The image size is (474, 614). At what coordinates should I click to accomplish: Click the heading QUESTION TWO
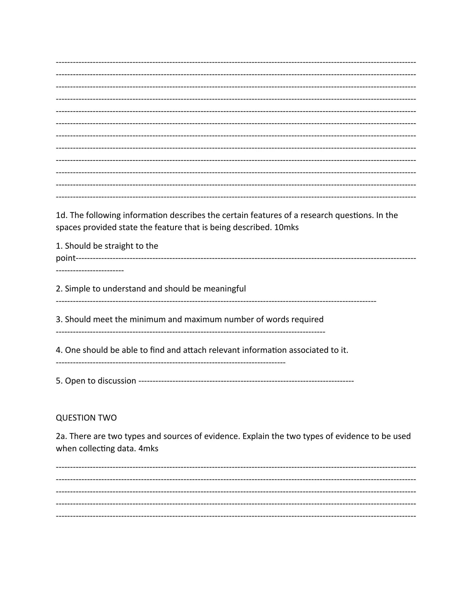point(86,418)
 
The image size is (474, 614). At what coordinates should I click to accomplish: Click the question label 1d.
point(61,215)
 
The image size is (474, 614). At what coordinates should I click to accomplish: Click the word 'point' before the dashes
point(66,258)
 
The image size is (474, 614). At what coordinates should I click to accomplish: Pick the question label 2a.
point(61,436)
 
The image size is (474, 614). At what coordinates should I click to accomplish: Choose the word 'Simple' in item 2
point(77,289)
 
